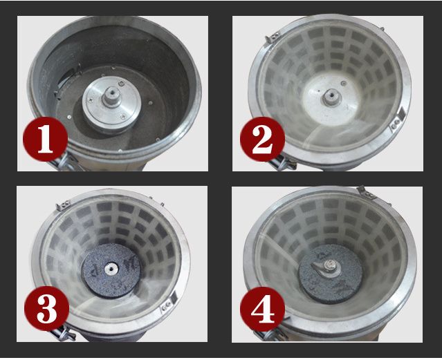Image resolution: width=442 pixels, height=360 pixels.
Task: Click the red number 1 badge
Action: click(x=45, y=141)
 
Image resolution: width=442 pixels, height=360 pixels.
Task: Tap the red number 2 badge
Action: click(x=262, y=141)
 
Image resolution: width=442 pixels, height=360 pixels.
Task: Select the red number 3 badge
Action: click(x=46, y=310)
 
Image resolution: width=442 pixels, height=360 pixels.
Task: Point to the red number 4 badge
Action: click(x=262, y=311)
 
